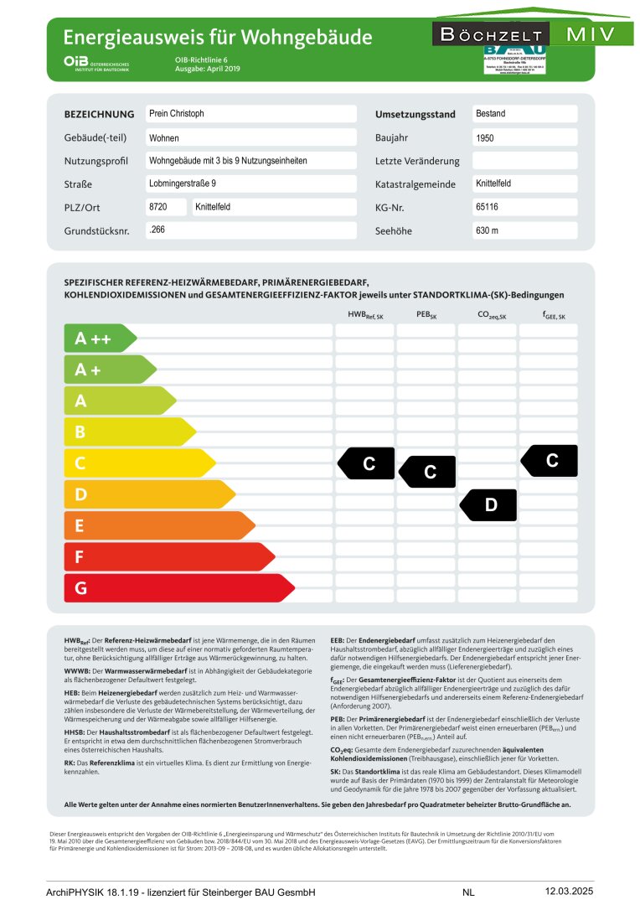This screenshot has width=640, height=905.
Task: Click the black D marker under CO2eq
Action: (488, 504)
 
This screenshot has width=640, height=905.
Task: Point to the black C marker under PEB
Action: (427, 472)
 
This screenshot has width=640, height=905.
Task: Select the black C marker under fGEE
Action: (550, 460)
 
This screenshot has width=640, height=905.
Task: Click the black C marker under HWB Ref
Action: (366, 463)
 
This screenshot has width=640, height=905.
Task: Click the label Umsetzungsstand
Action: (415, 114)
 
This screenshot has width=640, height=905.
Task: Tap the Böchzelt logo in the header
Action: (491, 35)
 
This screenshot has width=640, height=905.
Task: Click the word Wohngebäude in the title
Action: (306, 38)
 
